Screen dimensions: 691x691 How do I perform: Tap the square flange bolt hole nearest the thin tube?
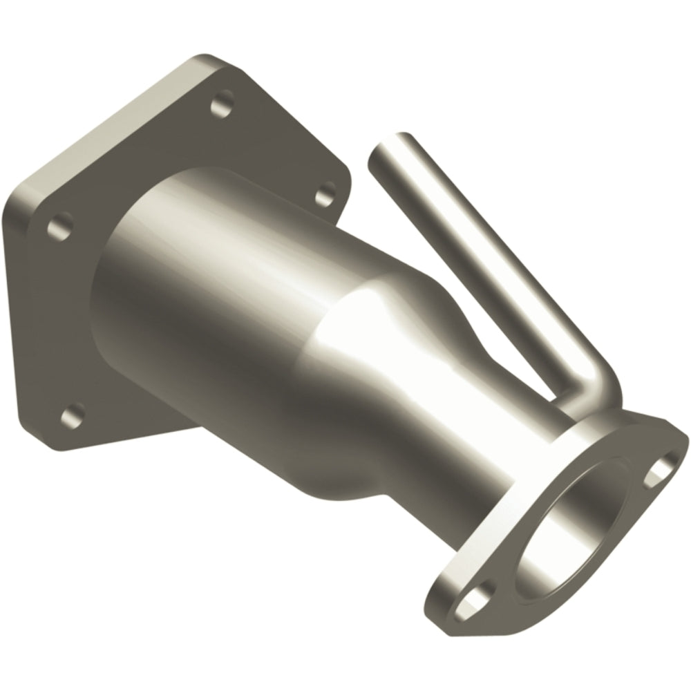pyautogui.click(x=325, y=195)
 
